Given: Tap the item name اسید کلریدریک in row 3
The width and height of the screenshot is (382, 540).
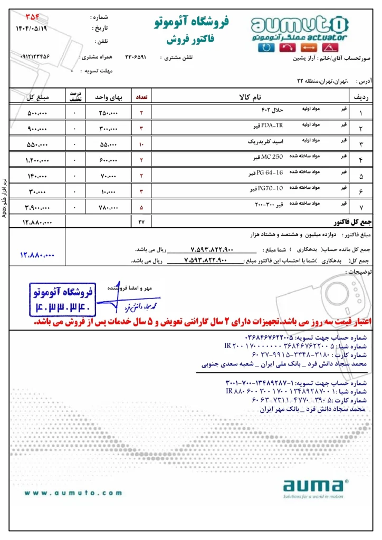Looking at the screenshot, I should [x=266, y=142].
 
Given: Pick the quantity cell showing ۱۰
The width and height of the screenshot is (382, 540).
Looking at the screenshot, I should [x=141, y=144].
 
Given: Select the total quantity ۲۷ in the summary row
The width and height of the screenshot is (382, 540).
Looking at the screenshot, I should [x=141, y=223].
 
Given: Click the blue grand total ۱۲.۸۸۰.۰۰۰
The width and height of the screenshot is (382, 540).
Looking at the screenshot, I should [x=37, y=255].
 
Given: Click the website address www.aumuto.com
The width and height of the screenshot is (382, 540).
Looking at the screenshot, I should [x=73, y=493].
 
